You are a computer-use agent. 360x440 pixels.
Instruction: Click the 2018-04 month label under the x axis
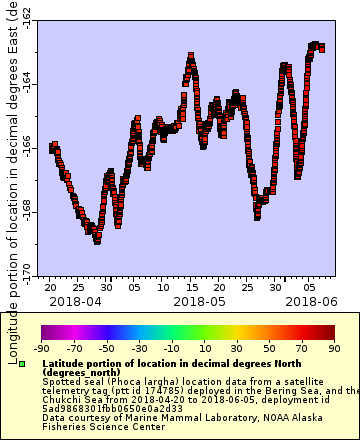click(x=74, y=300)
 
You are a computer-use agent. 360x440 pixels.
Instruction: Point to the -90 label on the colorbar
click(x=41, y=348)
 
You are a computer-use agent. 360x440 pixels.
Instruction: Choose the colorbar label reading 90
click(x=333, y=348)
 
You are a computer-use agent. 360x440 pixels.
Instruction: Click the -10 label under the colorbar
click(x=171, y=348)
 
